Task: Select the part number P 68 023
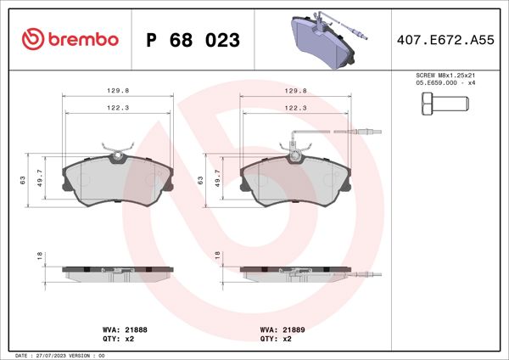pyautogui.click(x=193, y=40)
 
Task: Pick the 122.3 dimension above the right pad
pyautogui.click(x=295, y=108)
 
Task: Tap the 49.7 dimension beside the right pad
pyautogui.click(x=216, y=180)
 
